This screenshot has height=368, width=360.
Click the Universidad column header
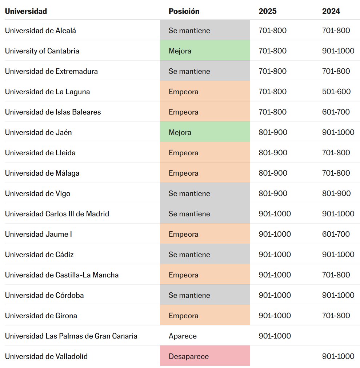coord(26,11)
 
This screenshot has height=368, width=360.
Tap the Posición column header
coord(184,11)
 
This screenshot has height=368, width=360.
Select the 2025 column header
coord(268,11)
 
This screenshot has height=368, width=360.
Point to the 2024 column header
coord(331,11)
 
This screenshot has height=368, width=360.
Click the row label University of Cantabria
coord(42,51)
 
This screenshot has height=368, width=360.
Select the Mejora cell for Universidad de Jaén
coord(205,132)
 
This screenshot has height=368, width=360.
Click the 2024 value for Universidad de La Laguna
coord(336,92)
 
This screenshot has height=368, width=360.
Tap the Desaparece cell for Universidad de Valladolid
coord(205,356)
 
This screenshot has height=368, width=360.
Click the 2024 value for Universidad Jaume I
coord(336,234)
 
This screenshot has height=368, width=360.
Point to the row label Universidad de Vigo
coord(37,193)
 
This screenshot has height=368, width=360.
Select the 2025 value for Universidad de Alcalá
coord(272,31)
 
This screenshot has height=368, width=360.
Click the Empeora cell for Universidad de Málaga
coord(205,173)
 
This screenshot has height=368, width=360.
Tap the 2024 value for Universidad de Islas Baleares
coord(336,112)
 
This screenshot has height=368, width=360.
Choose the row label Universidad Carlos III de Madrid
coord(57,214)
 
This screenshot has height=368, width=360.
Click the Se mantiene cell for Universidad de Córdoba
coord(205,295)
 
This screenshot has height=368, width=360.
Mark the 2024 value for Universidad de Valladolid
coord(338,356)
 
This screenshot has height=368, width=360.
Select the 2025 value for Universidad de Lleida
coord(273,153)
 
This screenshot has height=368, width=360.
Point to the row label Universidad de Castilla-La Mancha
coord(62,275)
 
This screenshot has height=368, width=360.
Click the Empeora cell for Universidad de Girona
coord(205,316)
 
